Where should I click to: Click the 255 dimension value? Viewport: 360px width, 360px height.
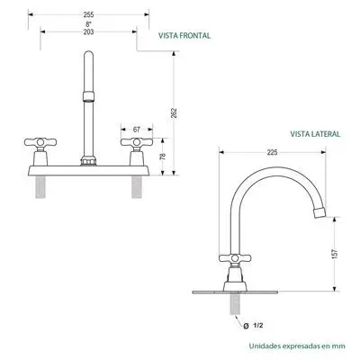tap(88, 14)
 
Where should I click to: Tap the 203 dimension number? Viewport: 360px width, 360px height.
tap(88, 31)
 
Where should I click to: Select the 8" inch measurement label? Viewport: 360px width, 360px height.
tap(88, 23)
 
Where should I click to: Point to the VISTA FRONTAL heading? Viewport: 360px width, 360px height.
tap(184, 36)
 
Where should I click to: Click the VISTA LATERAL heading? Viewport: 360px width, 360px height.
tap(315, 134)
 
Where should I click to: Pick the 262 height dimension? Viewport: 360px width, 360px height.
tap(174, 112)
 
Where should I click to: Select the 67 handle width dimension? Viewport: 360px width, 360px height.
tap(137, 130)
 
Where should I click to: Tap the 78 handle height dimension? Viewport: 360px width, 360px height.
tap(163, 157)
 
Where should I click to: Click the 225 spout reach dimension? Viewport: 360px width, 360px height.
tap(272, 152)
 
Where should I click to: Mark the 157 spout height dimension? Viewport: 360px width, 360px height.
tap(335, 254)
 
